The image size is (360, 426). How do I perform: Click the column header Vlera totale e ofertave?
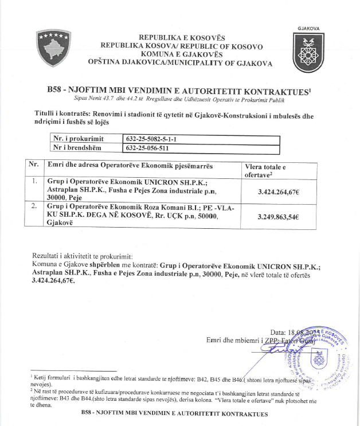(267, 170)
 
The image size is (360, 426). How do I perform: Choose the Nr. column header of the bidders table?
(34, 165)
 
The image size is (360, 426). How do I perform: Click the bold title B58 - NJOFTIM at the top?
(178, 91)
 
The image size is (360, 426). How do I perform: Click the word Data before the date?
(278, 332)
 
